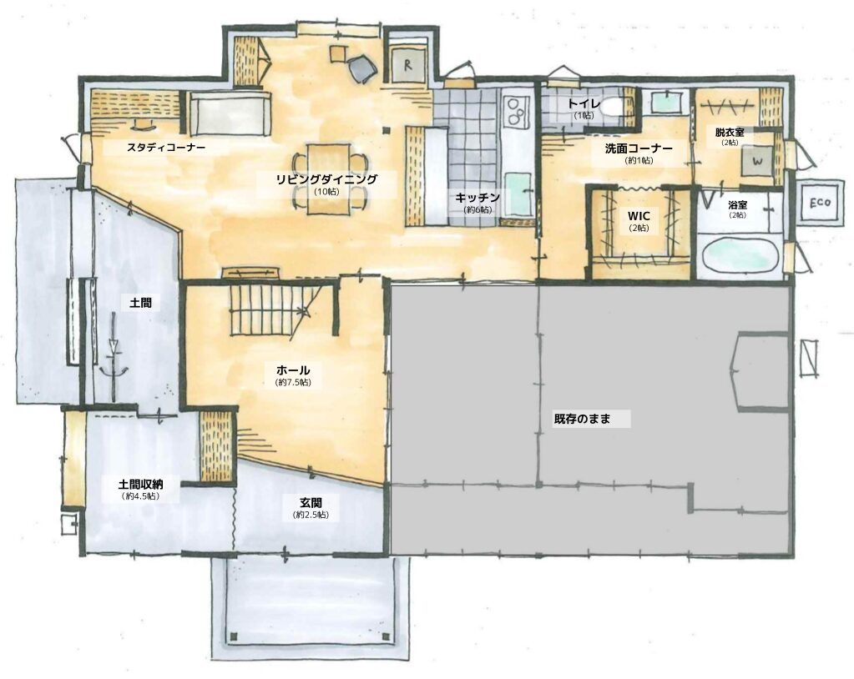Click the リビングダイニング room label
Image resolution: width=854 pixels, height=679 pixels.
(326, 179)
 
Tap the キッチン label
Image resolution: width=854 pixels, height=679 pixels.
(478, 197)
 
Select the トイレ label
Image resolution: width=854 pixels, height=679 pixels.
(584, 103)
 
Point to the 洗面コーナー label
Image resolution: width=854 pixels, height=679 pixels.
(639, 148)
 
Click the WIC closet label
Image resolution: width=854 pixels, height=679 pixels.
(639, 216)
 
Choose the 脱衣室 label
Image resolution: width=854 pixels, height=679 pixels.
(730, 132)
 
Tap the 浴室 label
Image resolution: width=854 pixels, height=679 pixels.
(737, 204)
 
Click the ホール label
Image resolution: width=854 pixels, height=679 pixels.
(293, 370)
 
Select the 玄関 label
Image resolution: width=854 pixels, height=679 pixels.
(311, 502)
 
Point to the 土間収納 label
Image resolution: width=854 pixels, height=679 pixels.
(141, 484)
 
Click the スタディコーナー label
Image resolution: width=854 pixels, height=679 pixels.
(165, 147)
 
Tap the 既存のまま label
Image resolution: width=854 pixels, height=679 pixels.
(582, 419)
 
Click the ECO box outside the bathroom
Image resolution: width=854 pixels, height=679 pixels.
(820, 202)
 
